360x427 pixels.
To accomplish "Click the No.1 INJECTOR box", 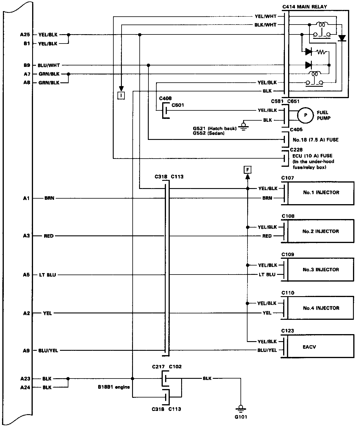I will (321, 193).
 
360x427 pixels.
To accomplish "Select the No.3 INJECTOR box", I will (321, 270).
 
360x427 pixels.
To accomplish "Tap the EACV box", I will (321, 347).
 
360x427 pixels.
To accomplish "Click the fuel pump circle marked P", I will (305, 115).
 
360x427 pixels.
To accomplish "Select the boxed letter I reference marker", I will (121, 96).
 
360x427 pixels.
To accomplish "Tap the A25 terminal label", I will (25, 35).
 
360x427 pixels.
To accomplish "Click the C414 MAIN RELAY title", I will (305, 7).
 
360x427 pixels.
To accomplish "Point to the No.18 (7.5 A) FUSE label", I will (315, 140).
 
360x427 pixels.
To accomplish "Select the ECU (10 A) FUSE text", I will (312, 156).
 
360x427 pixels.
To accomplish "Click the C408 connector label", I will (165, 99).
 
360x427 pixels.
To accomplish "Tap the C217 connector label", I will (158, 367).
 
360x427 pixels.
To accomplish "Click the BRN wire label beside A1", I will (49, 199).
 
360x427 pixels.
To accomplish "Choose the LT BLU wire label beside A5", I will (48, 275).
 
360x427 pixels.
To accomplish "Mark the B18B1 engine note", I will (114, 387).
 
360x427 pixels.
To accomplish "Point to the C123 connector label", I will (288, 331).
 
